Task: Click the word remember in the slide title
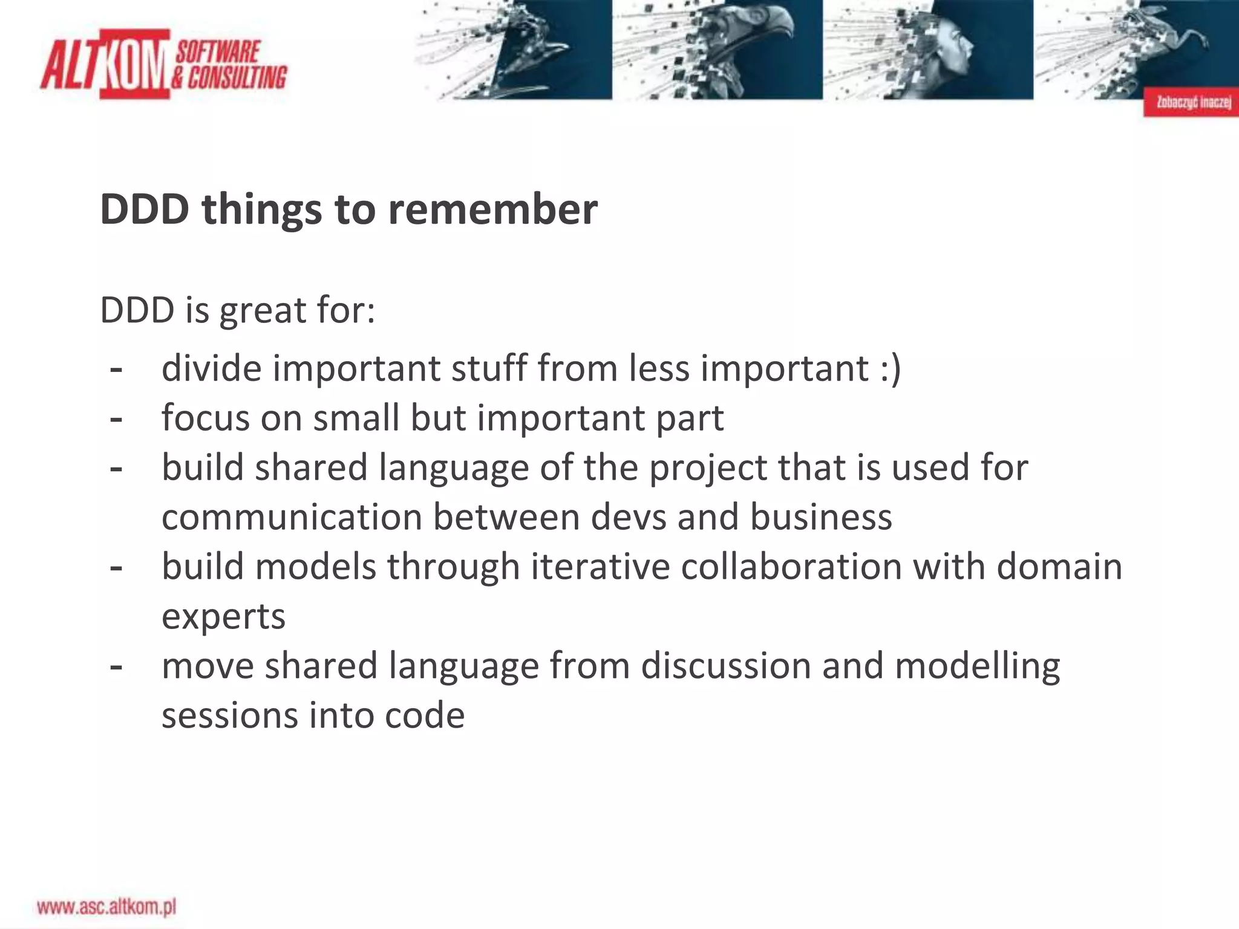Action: (x=492, y=209)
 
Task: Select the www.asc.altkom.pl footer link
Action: (x=106, y=907)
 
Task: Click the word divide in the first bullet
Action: (x=212, y=368)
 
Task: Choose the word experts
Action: (x=223, y=618)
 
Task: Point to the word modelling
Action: (x=977, y=666)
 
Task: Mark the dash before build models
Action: (x=116, y=568)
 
